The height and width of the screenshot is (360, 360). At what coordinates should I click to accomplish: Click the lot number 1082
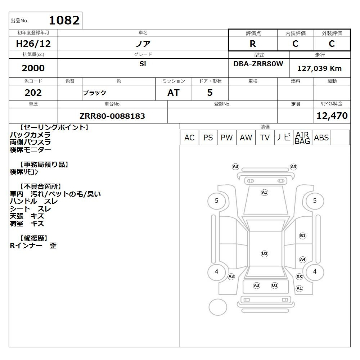[64, 21]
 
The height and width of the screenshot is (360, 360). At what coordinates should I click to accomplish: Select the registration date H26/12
[33, 44]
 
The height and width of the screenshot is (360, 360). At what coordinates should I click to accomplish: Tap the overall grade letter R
[253, 44]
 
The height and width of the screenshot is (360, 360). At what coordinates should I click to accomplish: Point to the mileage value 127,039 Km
[319, 68]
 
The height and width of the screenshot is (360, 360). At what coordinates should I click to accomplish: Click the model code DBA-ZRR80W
[258, 64]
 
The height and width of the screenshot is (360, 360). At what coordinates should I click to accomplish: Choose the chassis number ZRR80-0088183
[112, 116]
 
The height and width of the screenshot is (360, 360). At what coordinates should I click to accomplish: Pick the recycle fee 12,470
[332, 116]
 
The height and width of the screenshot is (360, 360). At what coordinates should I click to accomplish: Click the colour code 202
[33, 93]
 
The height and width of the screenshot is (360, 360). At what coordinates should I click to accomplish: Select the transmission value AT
[174, 93]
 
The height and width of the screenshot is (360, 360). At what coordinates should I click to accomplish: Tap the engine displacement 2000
[33, 68]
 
